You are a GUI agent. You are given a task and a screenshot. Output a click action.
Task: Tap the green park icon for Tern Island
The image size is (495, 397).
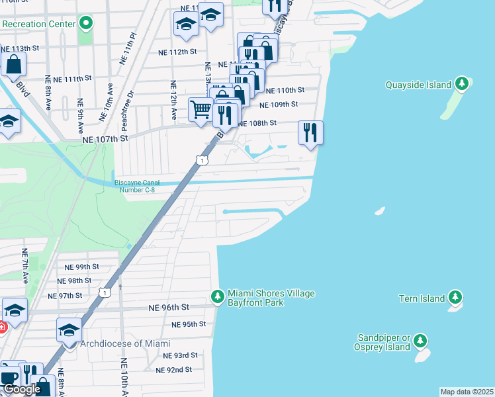455,298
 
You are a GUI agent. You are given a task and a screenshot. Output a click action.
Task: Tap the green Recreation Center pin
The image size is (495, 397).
85,24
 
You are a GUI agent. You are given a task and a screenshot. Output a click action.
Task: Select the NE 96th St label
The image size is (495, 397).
169,308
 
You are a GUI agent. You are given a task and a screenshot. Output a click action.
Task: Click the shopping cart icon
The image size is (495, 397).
201,109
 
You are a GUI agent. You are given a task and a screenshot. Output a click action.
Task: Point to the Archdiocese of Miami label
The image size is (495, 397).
125,343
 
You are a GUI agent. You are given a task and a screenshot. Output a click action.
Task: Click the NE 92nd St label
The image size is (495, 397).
173,370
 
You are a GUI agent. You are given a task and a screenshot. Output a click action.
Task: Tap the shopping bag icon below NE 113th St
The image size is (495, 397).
13,65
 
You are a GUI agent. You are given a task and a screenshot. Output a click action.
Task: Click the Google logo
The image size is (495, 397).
22,389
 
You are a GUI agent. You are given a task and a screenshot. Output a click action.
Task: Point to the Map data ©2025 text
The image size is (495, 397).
467,392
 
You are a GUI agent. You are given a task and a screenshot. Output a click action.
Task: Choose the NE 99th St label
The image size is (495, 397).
81,267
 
